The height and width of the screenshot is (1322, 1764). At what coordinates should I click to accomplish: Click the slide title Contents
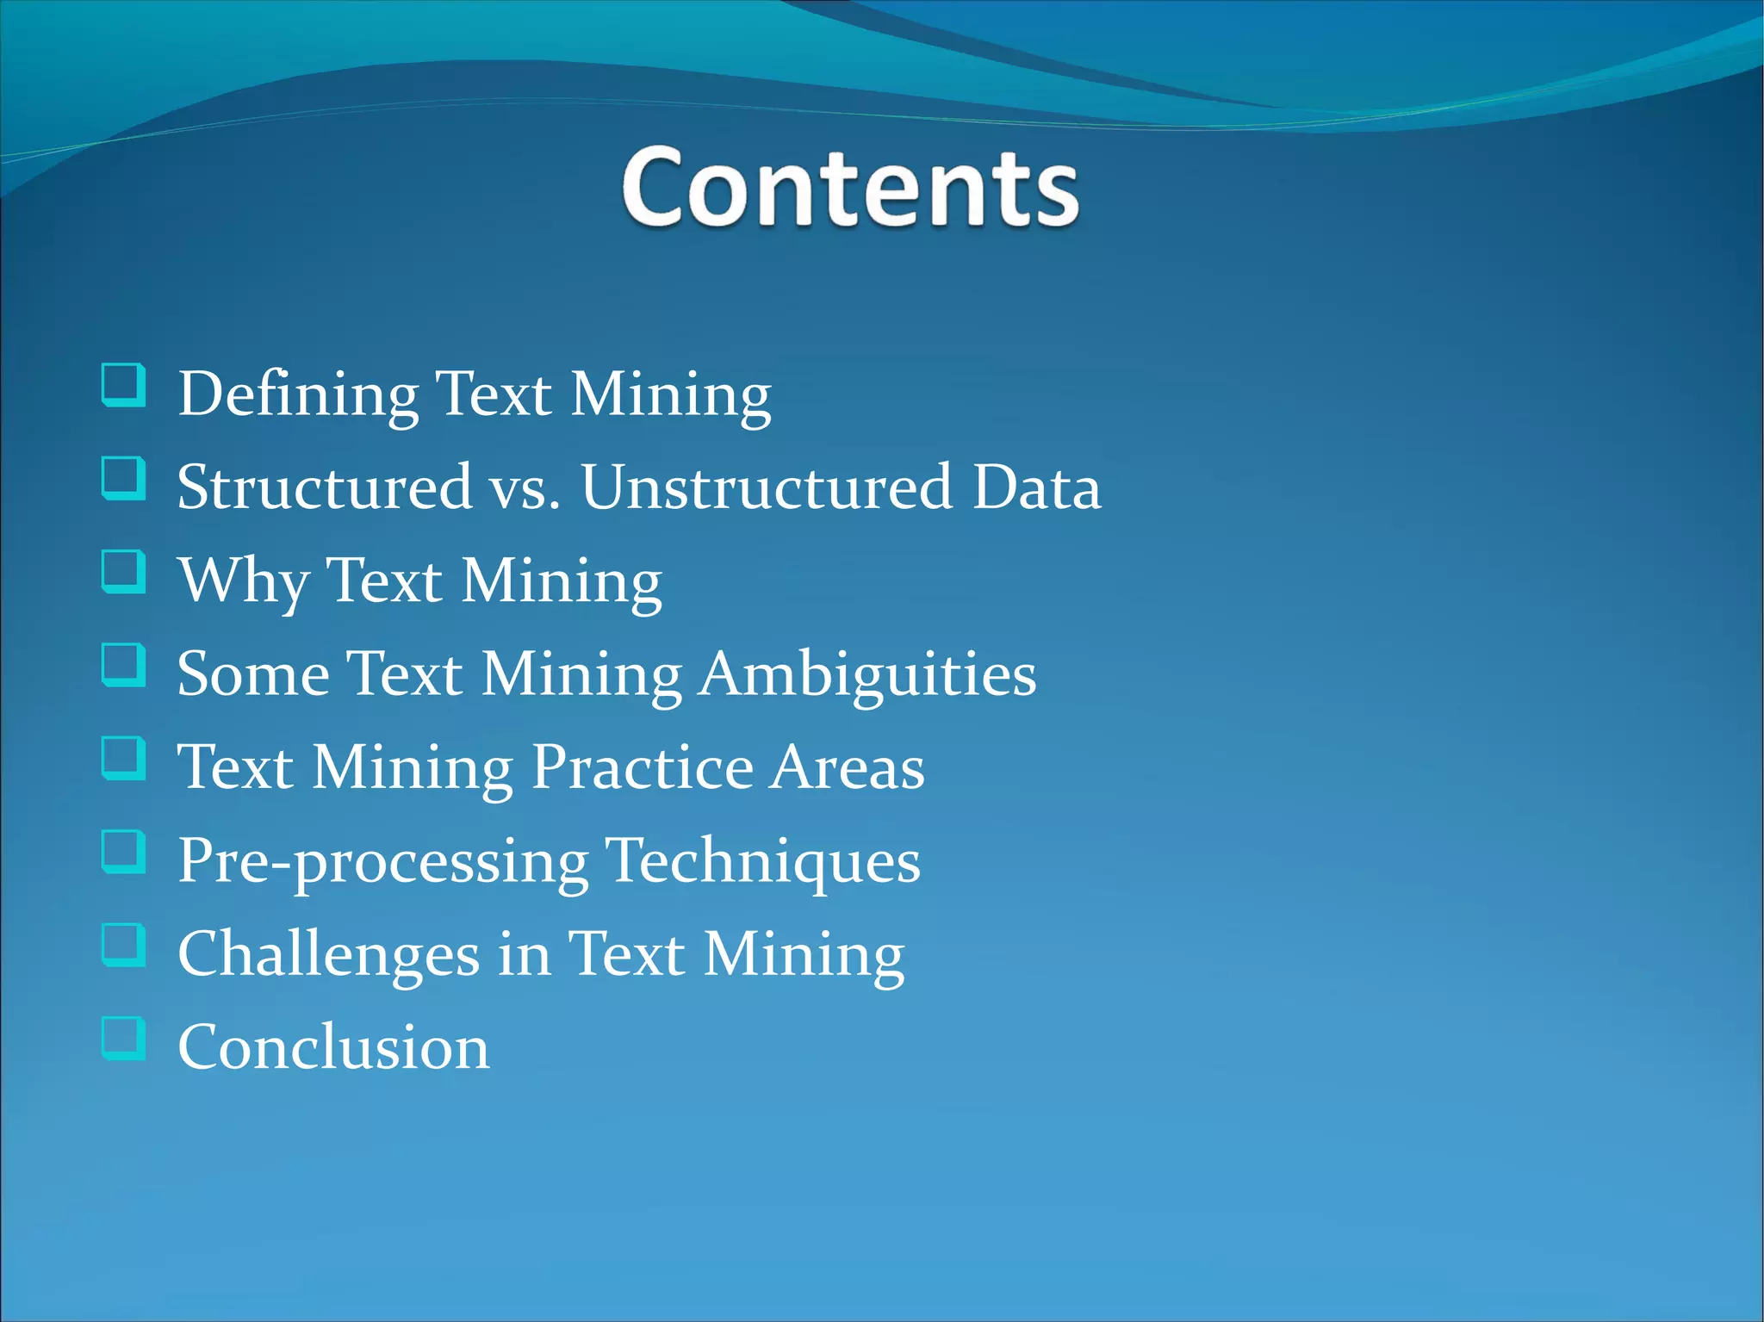click(849, 187)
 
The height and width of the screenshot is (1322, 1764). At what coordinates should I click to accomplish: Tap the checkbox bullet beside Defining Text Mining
click(123, 385)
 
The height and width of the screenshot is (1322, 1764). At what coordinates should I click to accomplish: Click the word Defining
click(298, 395)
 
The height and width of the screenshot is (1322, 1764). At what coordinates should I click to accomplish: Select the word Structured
click(325, 487)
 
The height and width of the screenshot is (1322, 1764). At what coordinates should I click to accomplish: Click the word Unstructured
click(767, 487)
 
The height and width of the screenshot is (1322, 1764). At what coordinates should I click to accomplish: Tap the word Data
click(1036, 487)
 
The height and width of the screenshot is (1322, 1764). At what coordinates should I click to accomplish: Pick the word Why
click(244, 582)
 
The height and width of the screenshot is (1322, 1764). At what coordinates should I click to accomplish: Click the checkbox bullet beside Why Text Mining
click(123, 572)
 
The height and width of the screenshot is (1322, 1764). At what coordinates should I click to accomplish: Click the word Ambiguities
click(867, 675)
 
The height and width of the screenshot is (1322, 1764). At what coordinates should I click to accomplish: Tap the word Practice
click(642, 767)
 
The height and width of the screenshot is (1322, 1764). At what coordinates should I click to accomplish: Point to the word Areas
click(848, 767)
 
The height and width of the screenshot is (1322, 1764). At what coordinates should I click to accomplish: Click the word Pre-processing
click(383, 862)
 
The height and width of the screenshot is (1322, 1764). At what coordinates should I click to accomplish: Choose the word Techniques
click(763, 862)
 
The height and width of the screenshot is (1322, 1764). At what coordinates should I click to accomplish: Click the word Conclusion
click(333, 1047)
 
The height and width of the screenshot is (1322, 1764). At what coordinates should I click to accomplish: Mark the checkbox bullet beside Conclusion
click(123, 1038)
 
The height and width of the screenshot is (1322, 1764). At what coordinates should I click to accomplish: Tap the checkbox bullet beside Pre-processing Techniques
click(123, 851)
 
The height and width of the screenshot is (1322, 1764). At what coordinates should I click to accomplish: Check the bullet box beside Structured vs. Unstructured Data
click(123, 478)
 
